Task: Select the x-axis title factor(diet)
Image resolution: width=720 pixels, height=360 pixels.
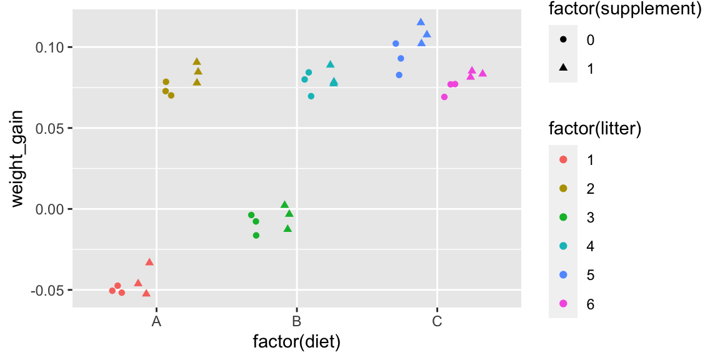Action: click(x=296, y=342)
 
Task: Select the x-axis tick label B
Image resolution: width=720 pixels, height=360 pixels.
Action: click(x=297, y=322)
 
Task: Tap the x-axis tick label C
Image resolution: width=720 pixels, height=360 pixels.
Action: click(x=437, y=322)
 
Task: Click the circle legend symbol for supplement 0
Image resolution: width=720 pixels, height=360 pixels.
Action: click(x=563, y=39)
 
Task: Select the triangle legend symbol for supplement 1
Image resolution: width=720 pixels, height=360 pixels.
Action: click(x=563, y=68)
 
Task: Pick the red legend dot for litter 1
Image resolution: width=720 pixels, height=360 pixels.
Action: click(x=563, y=159)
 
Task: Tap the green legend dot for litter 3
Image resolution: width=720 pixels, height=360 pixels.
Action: click(x=563, y=217)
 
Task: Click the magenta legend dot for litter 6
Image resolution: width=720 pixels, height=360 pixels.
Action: click(x=563, y=304)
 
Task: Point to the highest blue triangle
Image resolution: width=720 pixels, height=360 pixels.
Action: click(x=421, y=22)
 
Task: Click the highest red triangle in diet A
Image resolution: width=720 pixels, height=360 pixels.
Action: click(x=149, y=262)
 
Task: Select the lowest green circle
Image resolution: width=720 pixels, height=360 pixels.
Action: click(x=256, y=236)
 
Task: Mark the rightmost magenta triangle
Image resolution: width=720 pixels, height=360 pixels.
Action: click(x=482, y=73)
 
